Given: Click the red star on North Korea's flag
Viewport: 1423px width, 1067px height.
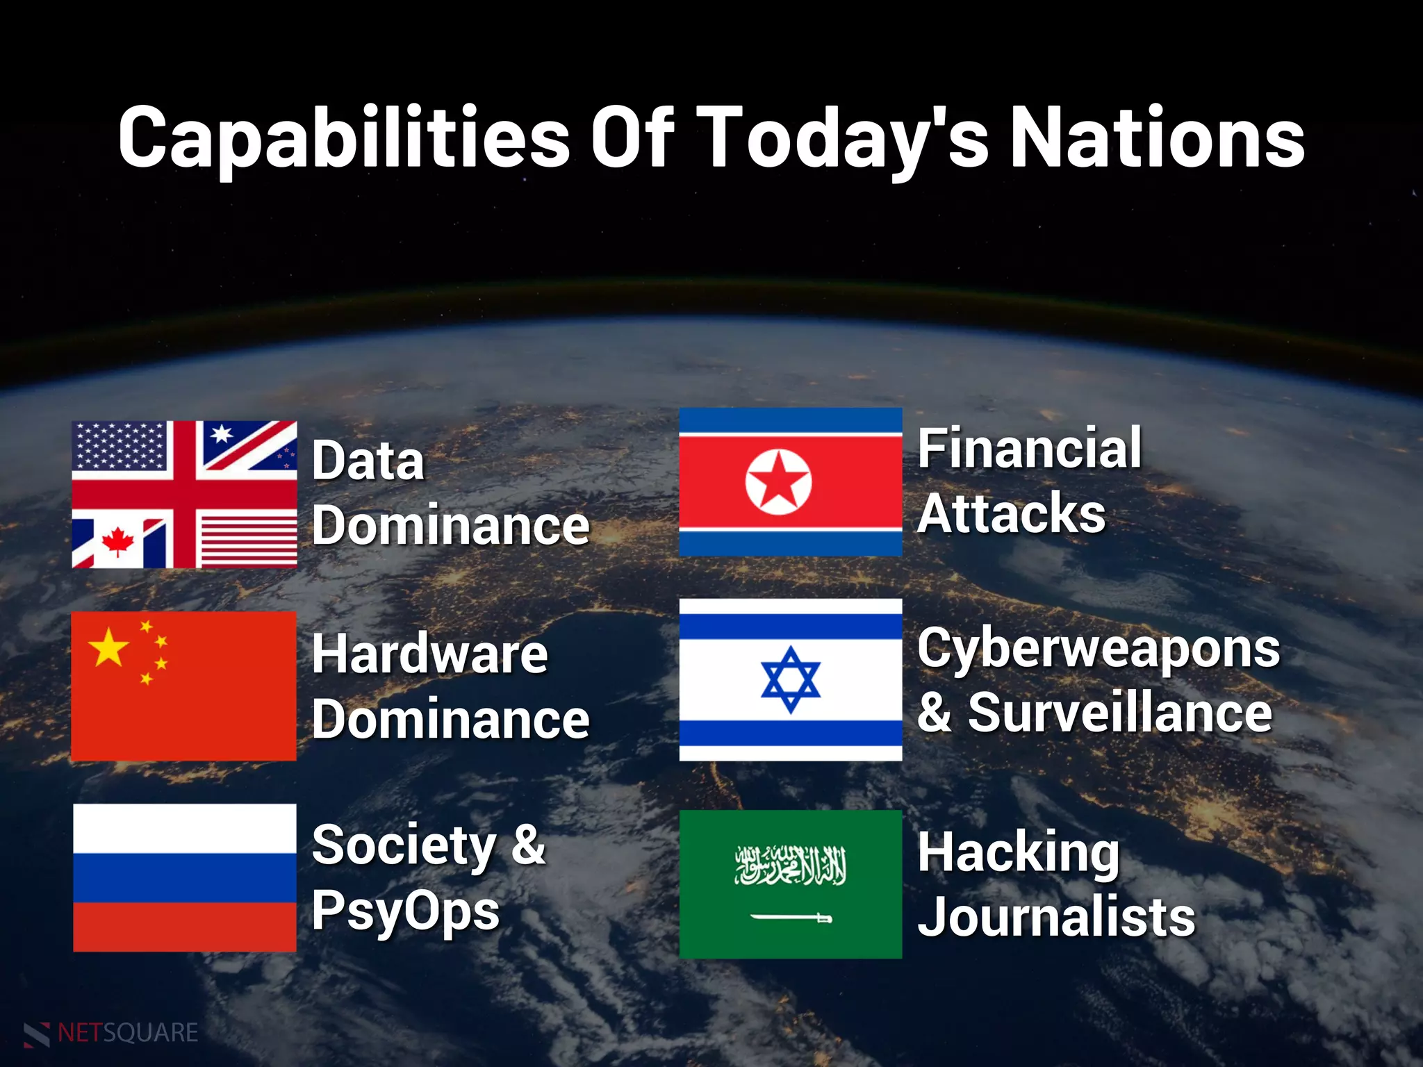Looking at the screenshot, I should (778, 481).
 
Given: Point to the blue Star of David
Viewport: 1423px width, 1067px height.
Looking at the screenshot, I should (790, 679).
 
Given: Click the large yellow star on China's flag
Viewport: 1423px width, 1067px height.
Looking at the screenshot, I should (108, 647).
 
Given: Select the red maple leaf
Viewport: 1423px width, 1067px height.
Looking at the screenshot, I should (117, 541).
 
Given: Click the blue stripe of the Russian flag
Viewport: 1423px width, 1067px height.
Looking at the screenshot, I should (184, 877).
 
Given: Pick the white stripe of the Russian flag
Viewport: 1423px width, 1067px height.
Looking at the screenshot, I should (184, 828).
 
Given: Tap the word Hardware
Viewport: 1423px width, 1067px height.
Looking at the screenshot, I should (430, 654).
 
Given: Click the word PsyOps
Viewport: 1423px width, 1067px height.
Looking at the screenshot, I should (406, 911).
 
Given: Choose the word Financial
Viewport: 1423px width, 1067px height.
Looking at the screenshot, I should (1029, 448).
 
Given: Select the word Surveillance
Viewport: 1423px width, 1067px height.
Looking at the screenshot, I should (1120, 713).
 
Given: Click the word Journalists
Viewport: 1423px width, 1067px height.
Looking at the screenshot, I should (1056, 917).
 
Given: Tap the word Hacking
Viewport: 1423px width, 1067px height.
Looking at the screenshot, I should (1019, 853).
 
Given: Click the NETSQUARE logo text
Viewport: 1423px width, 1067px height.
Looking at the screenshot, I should (128, 1033).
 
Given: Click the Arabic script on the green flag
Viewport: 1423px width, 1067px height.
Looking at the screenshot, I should (791, 866).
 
